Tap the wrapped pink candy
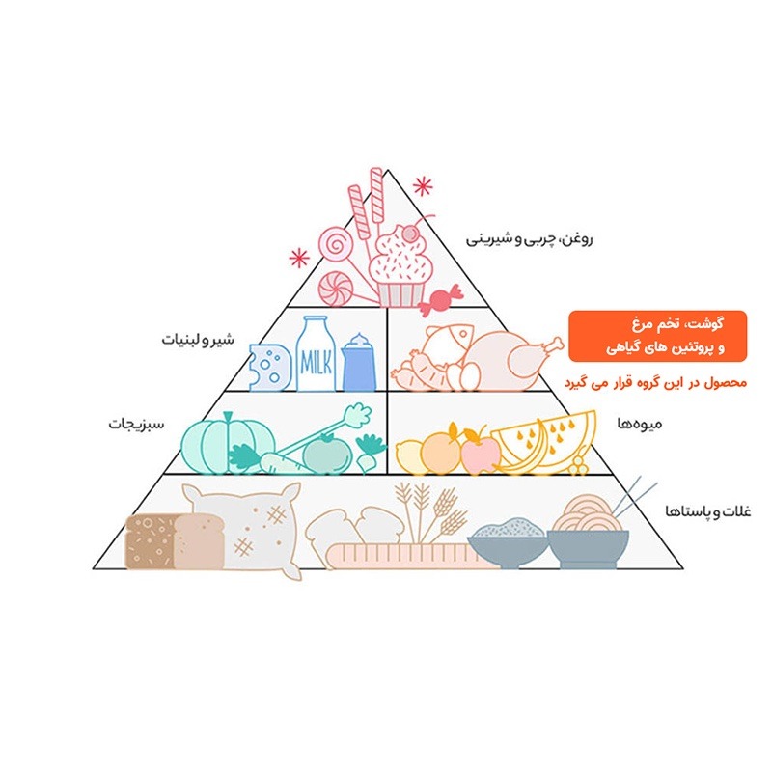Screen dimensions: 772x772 click(440, 299)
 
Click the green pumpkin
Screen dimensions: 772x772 click(228, 443)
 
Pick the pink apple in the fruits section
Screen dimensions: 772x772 click(480, 451)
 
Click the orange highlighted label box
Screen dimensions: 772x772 click(657, 336)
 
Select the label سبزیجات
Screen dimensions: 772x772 click(136, 424)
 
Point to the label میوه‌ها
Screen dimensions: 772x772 click(640, 424)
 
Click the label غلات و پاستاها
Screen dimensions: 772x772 click(708, 512)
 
